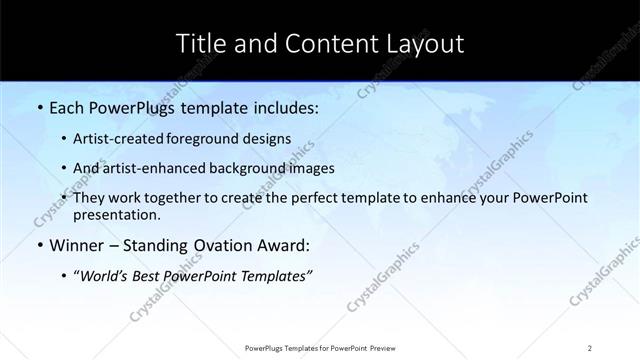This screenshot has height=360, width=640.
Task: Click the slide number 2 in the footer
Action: (x=590, y=347)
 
